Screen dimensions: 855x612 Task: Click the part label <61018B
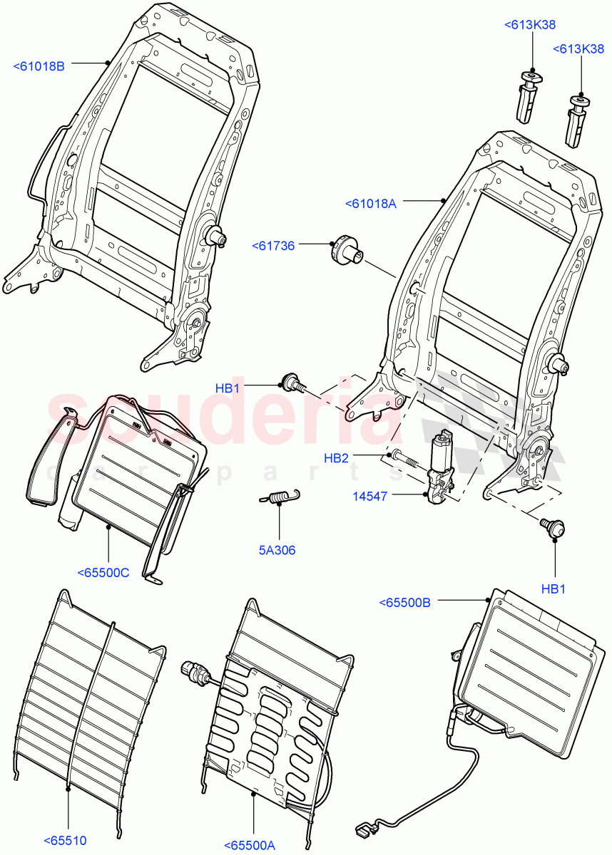39,66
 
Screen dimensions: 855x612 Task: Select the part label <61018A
370,203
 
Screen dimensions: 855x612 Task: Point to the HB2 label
336,458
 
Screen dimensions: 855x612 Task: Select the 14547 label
369,496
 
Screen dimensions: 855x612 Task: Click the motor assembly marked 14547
439,470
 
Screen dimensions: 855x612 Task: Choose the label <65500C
103,571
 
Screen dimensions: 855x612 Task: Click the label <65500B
405,603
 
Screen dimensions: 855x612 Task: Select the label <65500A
250,845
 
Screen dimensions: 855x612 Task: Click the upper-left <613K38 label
530,24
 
